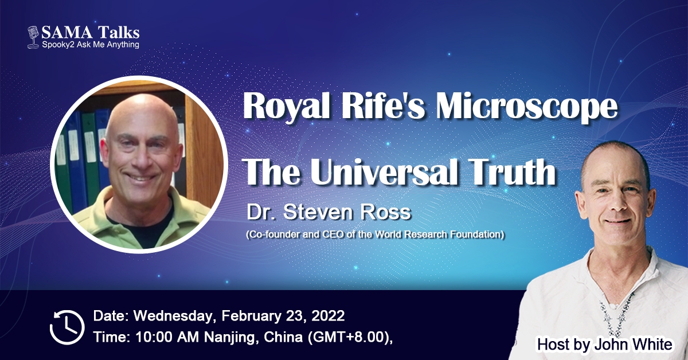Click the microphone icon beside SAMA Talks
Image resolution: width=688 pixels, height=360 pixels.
click(x=33, y=37)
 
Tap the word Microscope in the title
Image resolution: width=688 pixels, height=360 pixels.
click(x=526, y=106)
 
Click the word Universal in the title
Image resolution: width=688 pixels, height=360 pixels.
click(x=385, y=171)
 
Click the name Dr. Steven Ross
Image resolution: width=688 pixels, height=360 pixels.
click(x=329, y=212)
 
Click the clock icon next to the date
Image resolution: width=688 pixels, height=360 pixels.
click(x=67, y=327)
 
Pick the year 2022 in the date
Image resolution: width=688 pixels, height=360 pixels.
click(x=328, y=316)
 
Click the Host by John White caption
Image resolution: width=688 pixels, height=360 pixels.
click(x=604, y=345)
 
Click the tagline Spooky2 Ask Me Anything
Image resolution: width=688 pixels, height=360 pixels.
click(x=91, y=45)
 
